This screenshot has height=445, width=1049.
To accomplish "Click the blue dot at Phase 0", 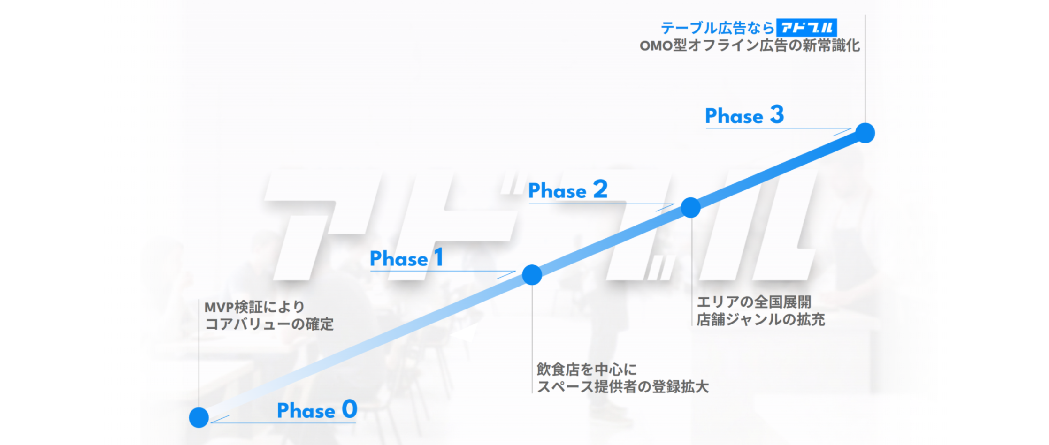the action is point(199,417).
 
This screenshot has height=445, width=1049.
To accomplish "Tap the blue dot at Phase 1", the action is point(532,275).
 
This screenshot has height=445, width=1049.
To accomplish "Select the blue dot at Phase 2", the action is point(690,207).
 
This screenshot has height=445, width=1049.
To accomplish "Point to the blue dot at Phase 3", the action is point(865,133).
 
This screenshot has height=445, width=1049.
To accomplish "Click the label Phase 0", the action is point(317,409).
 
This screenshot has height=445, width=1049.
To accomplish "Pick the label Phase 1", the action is point(406,258).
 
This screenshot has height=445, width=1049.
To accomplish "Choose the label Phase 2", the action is point(568,190).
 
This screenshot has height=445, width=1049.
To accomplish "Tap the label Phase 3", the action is point(744,115).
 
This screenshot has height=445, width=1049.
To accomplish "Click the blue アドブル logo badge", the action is point(806,28).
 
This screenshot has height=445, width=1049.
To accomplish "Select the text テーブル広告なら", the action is point(718,28).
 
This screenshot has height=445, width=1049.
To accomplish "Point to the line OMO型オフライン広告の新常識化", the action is point(750,45).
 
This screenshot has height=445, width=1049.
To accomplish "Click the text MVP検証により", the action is point(254,307).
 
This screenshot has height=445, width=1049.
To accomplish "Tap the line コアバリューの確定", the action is point(269,324).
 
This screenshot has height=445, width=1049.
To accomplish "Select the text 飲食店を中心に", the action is point(587,370).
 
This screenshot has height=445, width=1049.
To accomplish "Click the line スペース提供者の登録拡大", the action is point(622,387).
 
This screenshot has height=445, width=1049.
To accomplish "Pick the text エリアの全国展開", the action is point(754,302).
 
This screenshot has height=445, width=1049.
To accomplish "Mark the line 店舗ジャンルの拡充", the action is point(760,319).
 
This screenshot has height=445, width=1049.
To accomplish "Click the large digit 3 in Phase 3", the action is point(777,114).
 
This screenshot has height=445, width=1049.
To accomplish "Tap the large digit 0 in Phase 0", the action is point(350,409).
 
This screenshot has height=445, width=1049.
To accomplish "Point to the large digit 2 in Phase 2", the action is point(600,189).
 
